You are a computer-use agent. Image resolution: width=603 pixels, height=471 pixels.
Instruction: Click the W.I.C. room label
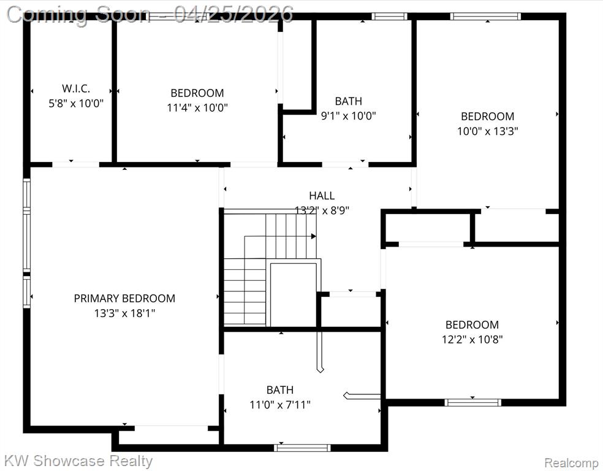(76, 88)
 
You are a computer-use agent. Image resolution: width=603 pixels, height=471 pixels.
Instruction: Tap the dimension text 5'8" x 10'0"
(76, 103)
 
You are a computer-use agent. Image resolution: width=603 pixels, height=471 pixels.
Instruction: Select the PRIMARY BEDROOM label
(124, 298)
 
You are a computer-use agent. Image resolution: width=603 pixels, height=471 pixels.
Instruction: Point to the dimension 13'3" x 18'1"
(124, 313)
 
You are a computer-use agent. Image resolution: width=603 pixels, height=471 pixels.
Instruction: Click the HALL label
(322, 196)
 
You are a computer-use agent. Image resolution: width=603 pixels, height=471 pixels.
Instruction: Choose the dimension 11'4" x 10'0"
(197, 107)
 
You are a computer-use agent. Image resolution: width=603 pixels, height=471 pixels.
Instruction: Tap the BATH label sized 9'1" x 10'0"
(349, 101)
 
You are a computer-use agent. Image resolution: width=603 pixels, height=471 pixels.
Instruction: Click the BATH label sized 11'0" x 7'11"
(280, 390)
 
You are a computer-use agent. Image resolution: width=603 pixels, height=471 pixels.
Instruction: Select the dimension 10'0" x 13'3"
(487, 131)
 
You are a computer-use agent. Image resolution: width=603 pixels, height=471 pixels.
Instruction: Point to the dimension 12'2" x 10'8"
(472, 339)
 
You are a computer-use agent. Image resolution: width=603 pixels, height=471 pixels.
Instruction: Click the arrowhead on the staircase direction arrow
(314, 236)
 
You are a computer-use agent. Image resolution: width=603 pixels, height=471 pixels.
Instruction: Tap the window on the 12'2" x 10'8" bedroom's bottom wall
(472, 402)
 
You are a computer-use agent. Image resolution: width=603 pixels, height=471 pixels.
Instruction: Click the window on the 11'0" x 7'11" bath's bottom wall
(302, 448)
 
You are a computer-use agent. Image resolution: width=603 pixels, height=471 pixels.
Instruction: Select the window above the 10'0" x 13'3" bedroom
(485, 16)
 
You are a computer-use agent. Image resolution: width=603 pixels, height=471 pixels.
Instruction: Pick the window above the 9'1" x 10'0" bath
(389, 16)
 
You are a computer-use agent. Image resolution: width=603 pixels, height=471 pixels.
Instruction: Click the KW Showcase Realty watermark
(78, 461)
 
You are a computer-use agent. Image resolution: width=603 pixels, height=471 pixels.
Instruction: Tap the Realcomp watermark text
(572, 462)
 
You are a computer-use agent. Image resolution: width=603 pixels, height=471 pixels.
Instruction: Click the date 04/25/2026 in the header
(233, 14)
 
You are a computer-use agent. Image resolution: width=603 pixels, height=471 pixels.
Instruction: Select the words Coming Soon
(78, 15)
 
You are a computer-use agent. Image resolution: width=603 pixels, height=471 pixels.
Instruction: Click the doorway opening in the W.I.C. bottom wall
(76, 165)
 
